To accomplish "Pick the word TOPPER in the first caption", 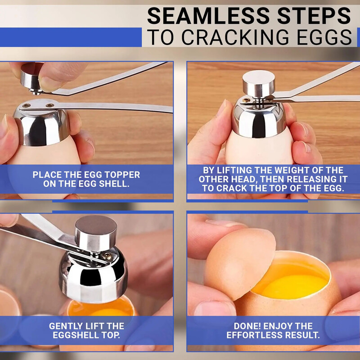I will click(119, 175).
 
